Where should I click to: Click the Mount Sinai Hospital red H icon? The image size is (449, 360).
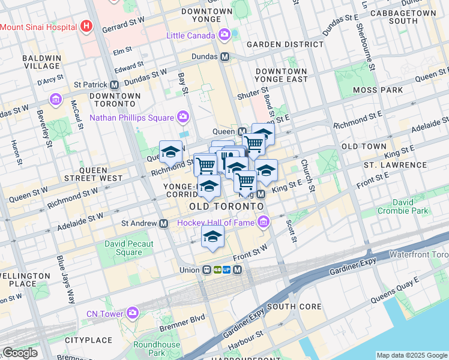click(x=88, y=26)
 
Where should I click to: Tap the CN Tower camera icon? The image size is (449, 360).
click(x=132, y=313)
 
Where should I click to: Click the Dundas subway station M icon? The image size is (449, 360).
click(x=226, y=57)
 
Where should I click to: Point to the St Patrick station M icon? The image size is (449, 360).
click(x=114, y=85)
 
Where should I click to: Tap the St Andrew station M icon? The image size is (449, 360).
click(x=163, y=223)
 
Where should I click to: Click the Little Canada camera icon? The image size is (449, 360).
click(x=224, y=35)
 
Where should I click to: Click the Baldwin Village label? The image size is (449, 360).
click(x=41, y=62)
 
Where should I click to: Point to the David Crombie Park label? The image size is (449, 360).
click(x=403, y=207)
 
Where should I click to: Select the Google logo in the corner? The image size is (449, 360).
click(x=20, y=353)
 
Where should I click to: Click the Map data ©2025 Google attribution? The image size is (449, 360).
click(x=412, y=355)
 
